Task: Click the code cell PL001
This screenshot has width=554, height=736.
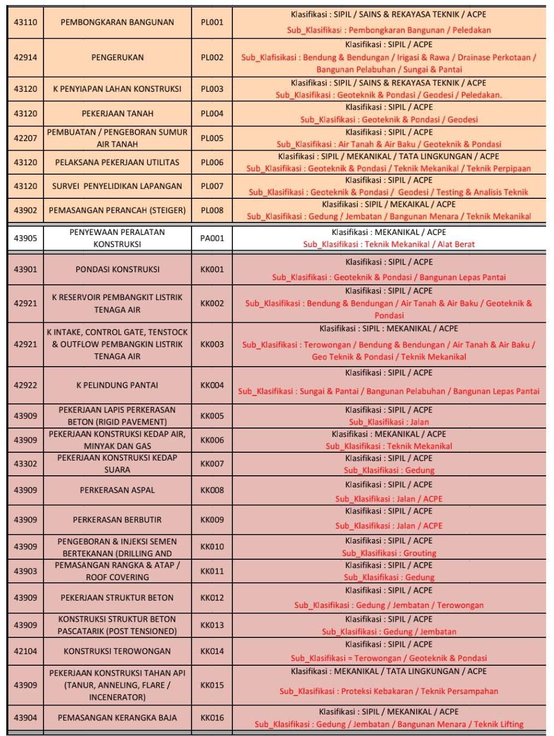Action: (212, 23)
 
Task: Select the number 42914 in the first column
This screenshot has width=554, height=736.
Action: (25, 58)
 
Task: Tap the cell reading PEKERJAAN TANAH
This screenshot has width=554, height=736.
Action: (117, 113)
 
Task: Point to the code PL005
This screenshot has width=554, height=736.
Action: (212, 138)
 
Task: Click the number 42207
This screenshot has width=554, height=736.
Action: (25, 138)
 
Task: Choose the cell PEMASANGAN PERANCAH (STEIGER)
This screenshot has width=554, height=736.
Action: (117, 210)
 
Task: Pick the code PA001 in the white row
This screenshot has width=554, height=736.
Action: (212, 238)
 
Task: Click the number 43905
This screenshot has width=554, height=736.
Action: (25, 238)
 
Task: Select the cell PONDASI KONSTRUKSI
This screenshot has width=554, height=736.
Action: (117, 270)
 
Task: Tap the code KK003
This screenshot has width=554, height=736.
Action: (212, 344)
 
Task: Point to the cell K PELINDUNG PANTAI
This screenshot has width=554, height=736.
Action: (117, 385)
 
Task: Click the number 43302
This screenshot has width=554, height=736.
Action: (25, 464)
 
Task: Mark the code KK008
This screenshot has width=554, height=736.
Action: (212, 490)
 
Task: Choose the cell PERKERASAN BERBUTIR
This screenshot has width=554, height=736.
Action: (117, 520)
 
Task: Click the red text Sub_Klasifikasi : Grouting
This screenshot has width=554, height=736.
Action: (389, 553)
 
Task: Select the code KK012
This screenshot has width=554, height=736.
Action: (212, 598)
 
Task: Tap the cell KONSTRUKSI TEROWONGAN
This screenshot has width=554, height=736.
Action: (117, 651)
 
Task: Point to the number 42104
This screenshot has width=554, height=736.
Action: (25, 651)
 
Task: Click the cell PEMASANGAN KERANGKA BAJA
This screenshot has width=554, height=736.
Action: (117, 718)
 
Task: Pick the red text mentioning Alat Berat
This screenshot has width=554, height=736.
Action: (389, 244)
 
